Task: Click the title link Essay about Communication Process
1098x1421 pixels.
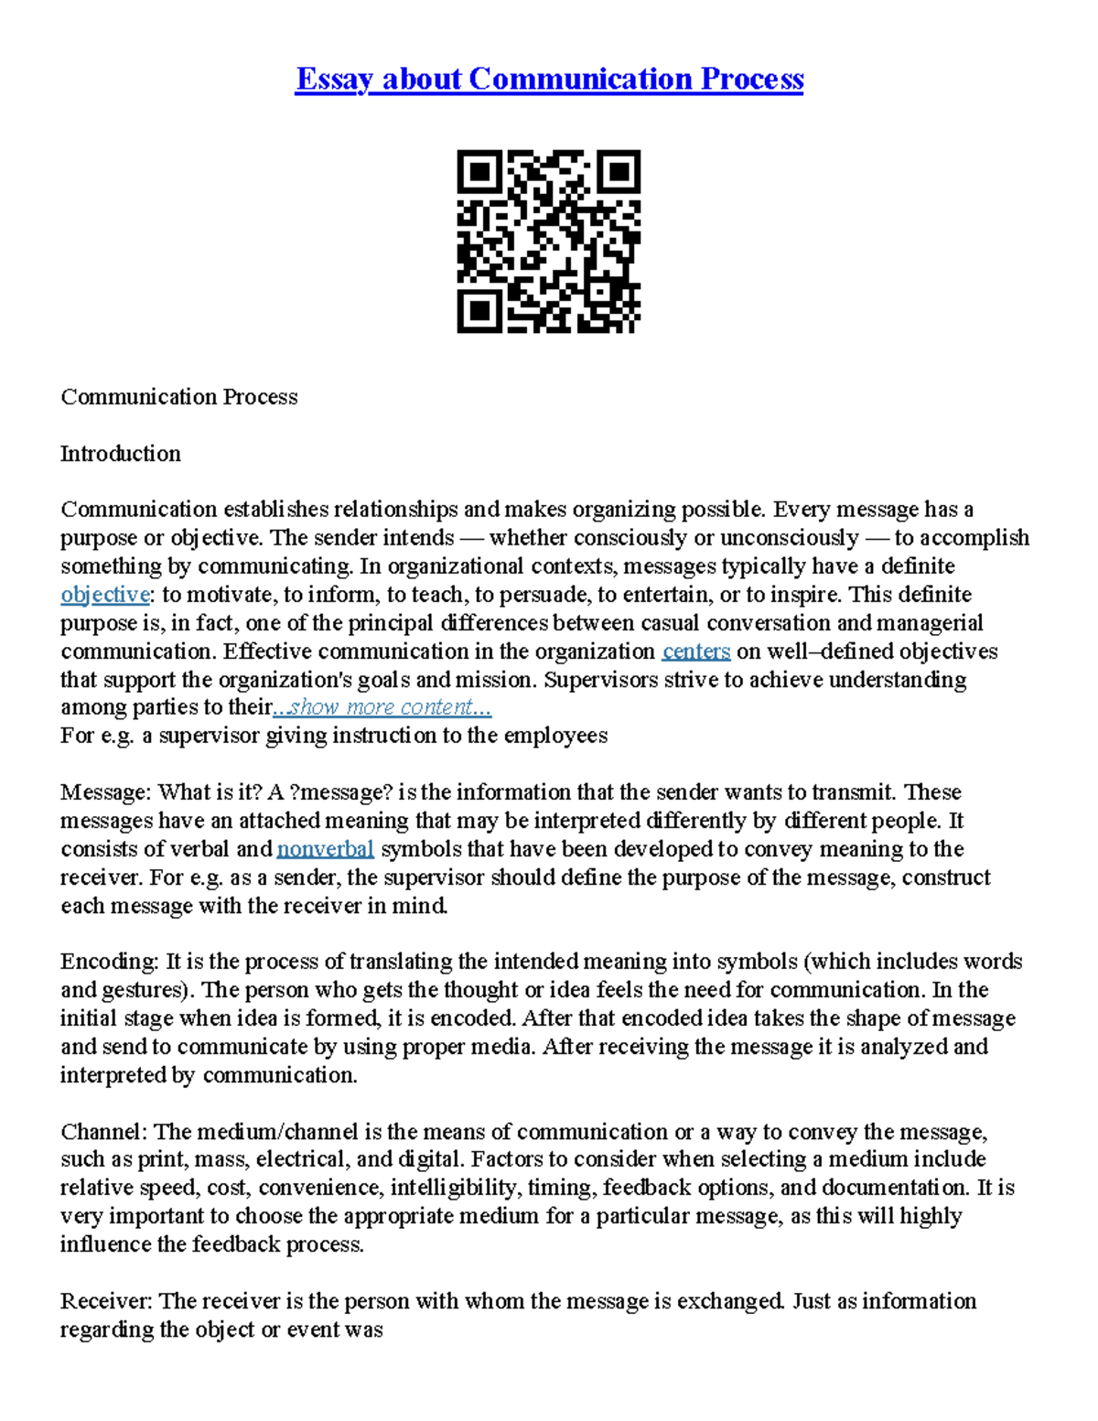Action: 549,80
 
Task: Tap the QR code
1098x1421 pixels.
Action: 548,242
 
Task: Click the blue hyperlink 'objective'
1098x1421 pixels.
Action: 105,595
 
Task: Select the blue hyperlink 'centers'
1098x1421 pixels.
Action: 695,651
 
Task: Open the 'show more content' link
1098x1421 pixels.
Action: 383,707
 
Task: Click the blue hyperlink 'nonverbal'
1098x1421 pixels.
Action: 325,849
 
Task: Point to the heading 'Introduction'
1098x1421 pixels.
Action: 120,454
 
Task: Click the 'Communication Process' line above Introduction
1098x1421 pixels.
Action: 178,397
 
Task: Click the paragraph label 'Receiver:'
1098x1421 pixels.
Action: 106,1301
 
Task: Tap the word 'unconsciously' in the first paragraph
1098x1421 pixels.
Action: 790,538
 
